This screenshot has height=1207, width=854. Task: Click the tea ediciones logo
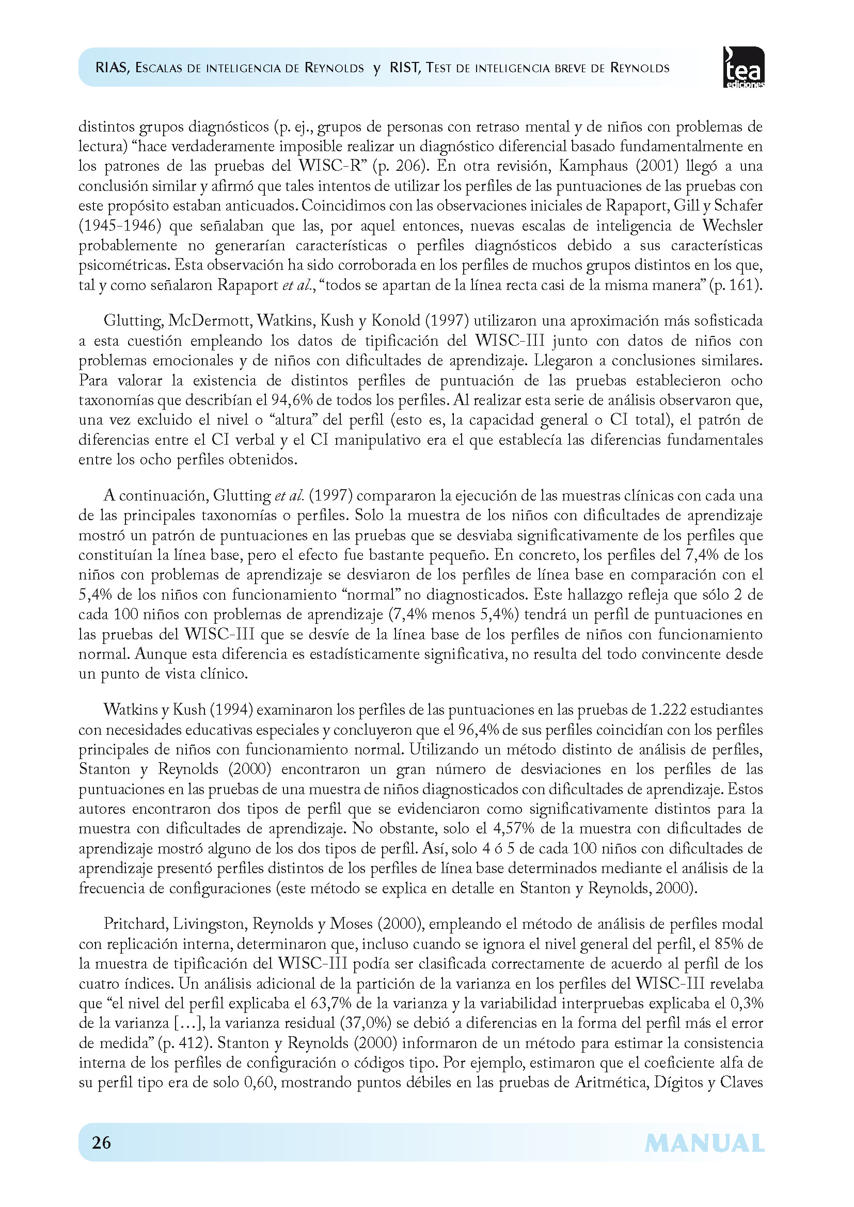click(744, 67)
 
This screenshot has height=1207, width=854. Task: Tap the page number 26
click(102, 1142)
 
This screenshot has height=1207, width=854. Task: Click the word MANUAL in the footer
click(704, 1144)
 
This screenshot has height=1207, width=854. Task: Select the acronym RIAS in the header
click(112, 68)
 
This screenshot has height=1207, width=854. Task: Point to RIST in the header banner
click(405, 68)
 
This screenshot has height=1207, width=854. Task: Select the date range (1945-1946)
click(119, 226)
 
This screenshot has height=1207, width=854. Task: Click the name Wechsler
click(733, 226)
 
